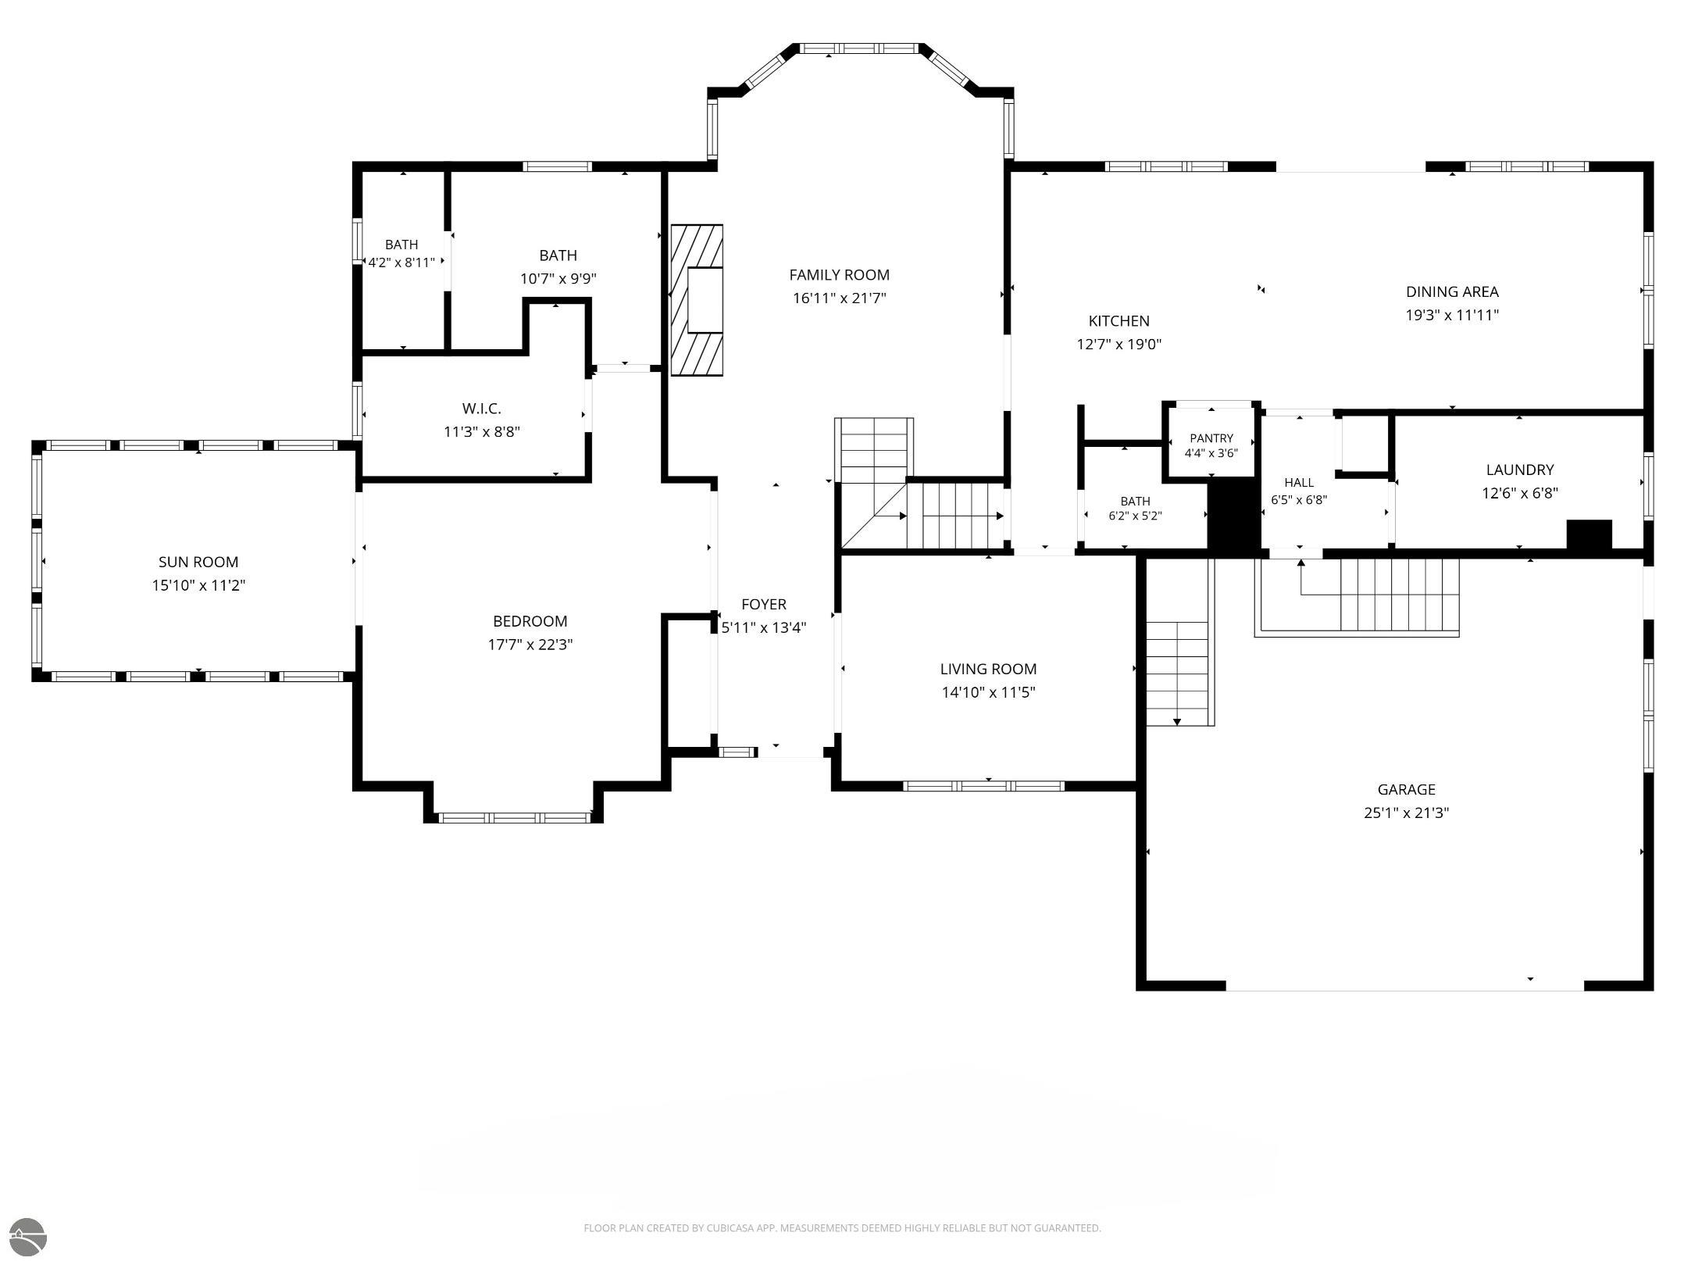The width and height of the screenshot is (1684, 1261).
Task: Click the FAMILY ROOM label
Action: (839, 275)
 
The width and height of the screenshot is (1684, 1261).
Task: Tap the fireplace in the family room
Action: (697, 300)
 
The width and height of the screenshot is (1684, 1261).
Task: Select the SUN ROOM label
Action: (198, 562)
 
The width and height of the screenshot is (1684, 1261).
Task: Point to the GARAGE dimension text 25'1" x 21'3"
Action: (1406, 813)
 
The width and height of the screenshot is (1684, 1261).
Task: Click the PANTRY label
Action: (1211, 438)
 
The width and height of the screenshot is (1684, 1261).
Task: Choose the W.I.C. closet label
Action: (482, 409)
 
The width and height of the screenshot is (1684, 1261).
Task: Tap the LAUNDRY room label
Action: (1520, 470)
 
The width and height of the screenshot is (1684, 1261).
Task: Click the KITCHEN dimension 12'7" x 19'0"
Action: (1119, 345)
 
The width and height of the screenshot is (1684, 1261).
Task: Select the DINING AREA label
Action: (1452, 292)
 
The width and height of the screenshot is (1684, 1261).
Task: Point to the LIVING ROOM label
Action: (988, 669)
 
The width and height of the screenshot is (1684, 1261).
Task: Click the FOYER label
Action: (764, 604)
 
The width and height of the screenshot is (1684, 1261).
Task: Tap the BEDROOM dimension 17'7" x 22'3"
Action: (530, 645)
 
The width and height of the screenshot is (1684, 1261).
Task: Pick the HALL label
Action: (1299, 483)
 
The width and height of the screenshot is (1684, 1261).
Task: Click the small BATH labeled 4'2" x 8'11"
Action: (401, 245)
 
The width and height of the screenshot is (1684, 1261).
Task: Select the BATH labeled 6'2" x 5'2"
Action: (1135, 502)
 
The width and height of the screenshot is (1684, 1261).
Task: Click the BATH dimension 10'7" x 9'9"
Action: (558, 279)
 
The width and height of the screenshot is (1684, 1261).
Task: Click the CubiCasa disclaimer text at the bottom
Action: (842, 1228)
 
